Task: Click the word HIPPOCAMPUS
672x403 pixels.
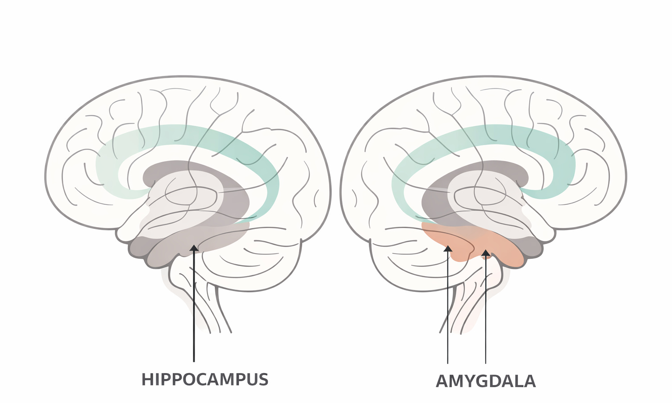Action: click(205, 379)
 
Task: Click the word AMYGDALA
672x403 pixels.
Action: click(485, 382)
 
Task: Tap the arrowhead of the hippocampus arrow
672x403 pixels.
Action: click(194, 248)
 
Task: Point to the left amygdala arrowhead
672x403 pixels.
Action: click(447, 248)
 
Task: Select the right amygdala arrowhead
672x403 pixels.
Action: click(485, 253)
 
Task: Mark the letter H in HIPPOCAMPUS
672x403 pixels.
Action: click(147, 379)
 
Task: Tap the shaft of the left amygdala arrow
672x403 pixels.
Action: click(447, 312)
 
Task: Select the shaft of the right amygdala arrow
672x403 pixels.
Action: click(485, 312)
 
